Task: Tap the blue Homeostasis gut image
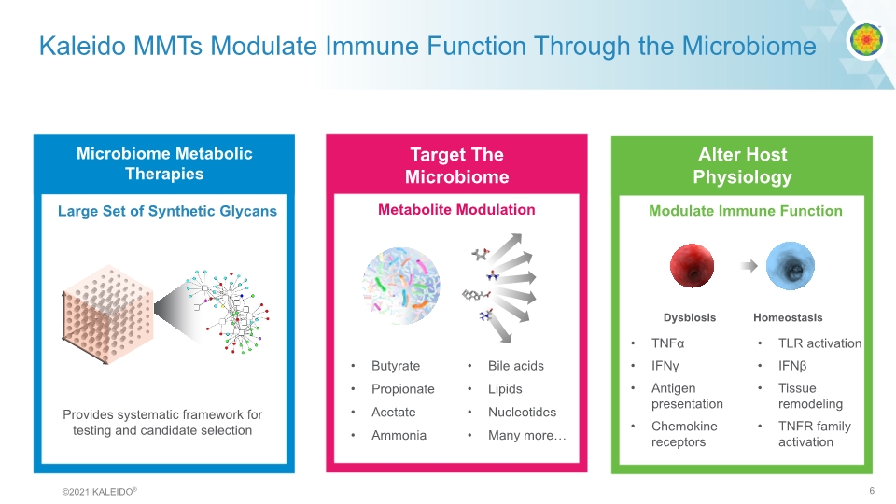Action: pos(790,266)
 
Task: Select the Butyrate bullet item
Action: pos(396,366)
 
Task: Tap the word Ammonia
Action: pos(399,435)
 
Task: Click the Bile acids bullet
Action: pos(515,366)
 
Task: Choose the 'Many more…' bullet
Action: pos(526,435)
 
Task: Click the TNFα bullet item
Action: pos(668,343)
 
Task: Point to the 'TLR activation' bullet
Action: pos(819,343)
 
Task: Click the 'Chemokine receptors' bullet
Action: pos(684,434)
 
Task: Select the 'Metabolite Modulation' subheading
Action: pos(456,210)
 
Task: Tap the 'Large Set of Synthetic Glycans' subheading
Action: pos(167,211)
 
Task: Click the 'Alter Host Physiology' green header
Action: pos(742,166)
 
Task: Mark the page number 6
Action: pos(871,491)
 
